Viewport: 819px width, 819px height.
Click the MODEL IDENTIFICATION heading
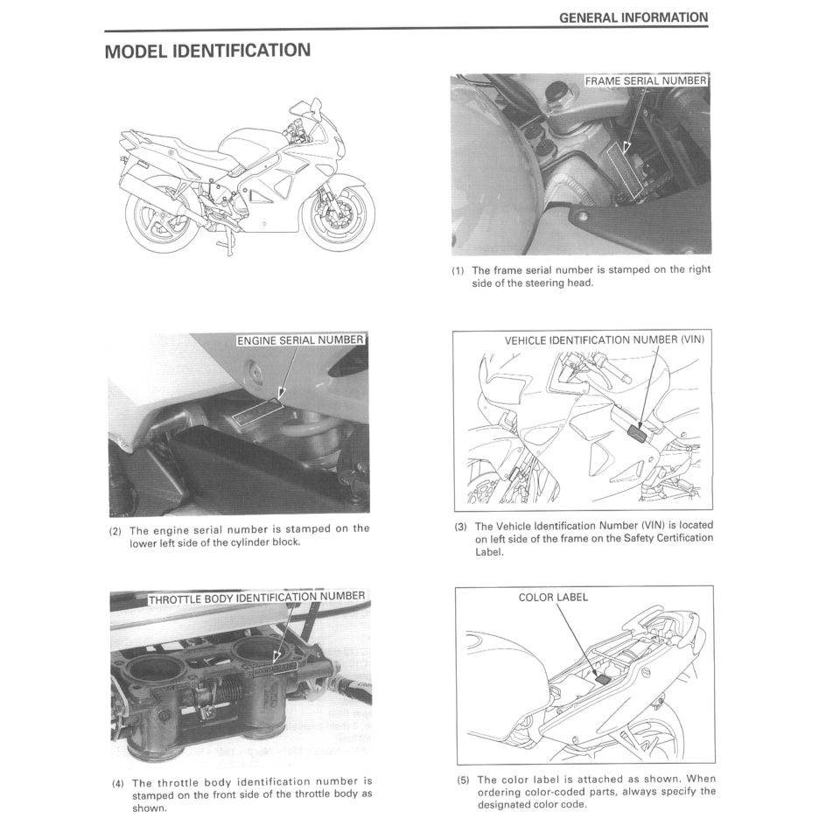(x=207, y=51)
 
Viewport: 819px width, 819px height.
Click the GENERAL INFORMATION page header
(x=633, y=17)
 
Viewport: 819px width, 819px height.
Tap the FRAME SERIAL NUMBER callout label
(x=646, y=80)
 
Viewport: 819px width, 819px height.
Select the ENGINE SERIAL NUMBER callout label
(x=300, y=339)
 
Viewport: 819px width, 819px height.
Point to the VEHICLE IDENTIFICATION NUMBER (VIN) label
(x=604, y=339)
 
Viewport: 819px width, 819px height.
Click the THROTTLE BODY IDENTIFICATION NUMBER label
(x=256, y=598)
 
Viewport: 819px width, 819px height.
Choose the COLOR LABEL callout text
(x=553, y=598)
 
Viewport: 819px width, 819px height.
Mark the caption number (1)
(x=458, y=270)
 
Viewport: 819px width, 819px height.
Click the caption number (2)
(x=115, y=530)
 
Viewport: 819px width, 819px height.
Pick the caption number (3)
(x=460, y=527)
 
